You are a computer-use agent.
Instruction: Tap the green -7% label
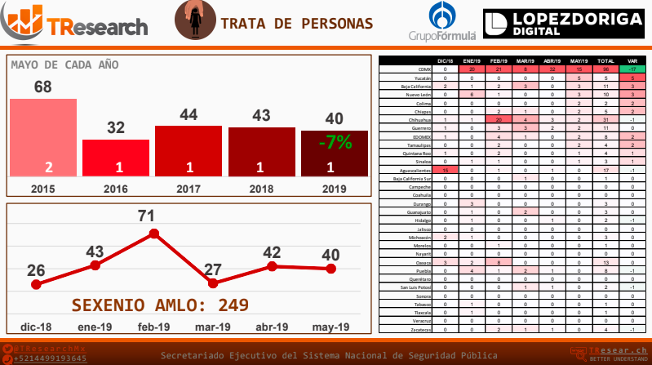[335, 142]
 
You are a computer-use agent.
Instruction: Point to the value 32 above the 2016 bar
[116, 127]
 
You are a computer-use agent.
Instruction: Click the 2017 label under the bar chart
[189, 188]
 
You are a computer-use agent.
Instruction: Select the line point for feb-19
[153, 234]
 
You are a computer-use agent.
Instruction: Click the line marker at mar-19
[214, 283]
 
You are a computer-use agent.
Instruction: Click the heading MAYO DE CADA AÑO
[64, 65]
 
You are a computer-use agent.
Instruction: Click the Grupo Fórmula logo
[442, 23]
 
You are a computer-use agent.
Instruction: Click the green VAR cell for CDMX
[632, 69]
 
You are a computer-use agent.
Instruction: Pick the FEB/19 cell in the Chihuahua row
[497, 119]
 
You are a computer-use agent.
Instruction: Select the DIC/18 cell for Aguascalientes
[445, 169]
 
